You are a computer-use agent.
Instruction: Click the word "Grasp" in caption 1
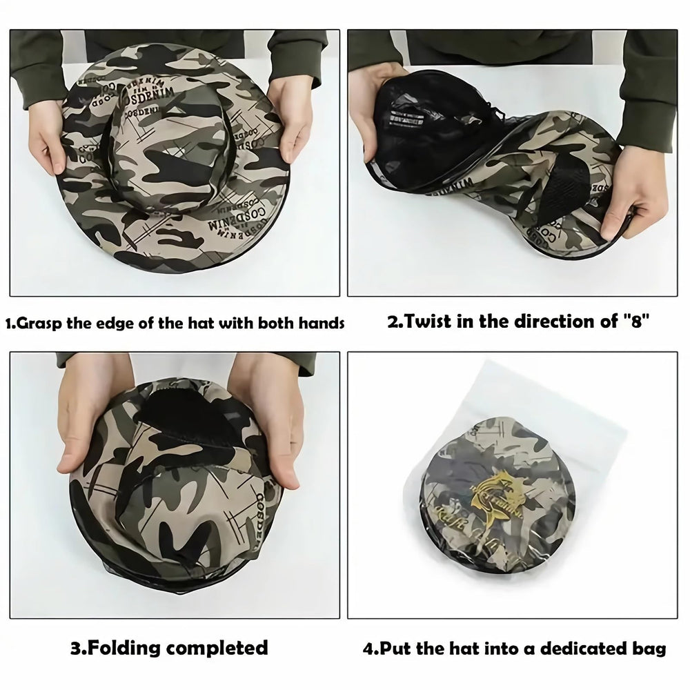tap(42, 323)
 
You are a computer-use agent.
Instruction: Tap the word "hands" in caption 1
tap(321, 323)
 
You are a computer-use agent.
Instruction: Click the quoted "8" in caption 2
tap(635, 322)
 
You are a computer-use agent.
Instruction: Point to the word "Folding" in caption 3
tap(132, 649)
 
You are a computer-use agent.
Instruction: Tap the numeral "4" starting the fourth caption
tap(368, 649)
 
